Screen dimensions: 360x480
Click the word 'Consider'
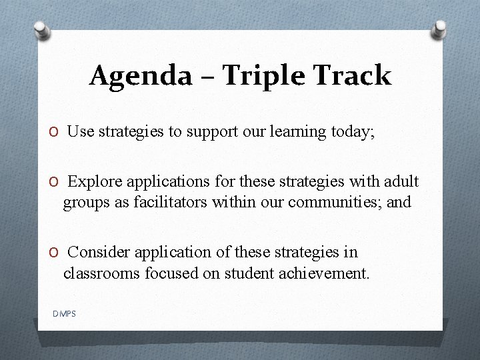point(100,252)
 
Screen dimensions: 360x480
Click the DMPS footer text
point(64,313)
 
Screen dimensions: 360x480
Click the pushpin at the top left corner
point(42,30)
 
